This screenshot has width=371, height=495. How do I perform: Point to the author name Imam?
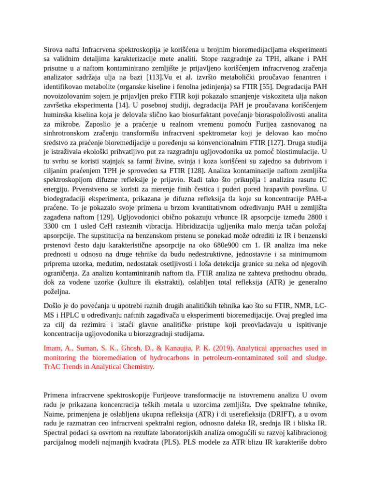(53, 348)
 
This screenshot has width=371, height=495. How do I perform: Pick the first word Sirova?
(54, 49)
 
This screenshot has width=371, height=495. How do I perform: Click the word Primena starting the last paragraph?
(56, 395)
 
